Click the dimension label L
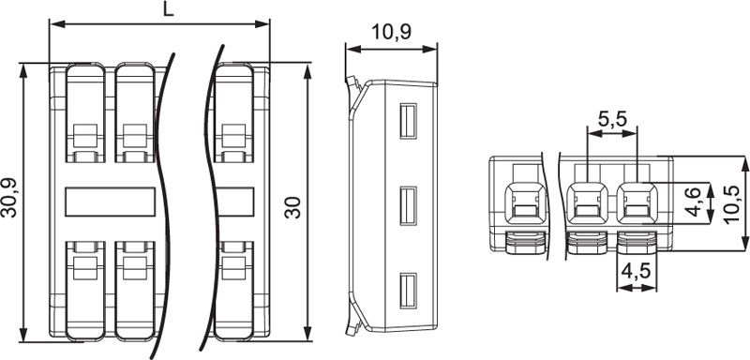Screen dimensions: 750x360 [x=168, y=9]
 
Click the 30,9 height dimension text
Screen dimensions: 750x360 [x=8, y=198]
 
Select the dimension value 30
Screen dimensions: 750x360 [x=292, y=207]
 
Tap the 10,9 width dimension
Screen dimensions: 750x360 [x=391, y=32]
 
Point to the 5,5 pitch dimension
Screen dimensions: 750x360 [x=612, y=119]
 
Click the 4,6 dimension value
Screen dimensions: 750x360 [x=693, y=202]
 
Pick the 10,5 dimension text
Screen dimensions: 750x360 [x=731, y=204]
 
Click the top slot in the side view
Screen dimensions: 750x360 [x=408, y=121]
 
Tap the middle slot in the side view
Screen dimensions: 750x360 [x=408, y=205]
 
